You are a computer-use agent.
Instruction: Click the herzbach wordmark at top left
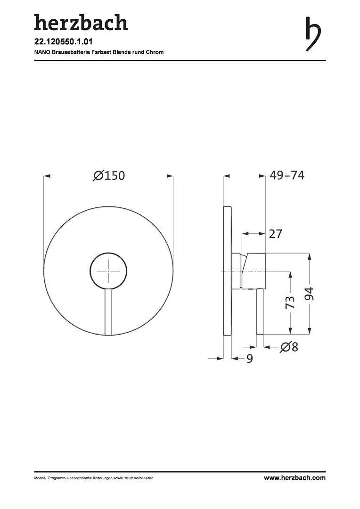(81, 23)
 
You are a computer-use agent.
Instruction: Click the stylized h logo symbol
(313, 34)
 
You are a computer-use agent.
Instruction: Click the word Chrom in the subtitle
(156, 52)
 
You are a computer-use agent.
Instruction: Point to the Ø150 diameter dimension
(109, 175)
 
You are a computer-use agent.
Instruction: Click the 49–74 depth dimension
(287, 175)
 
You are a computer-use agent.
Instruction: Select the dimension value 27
(276, 234)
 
